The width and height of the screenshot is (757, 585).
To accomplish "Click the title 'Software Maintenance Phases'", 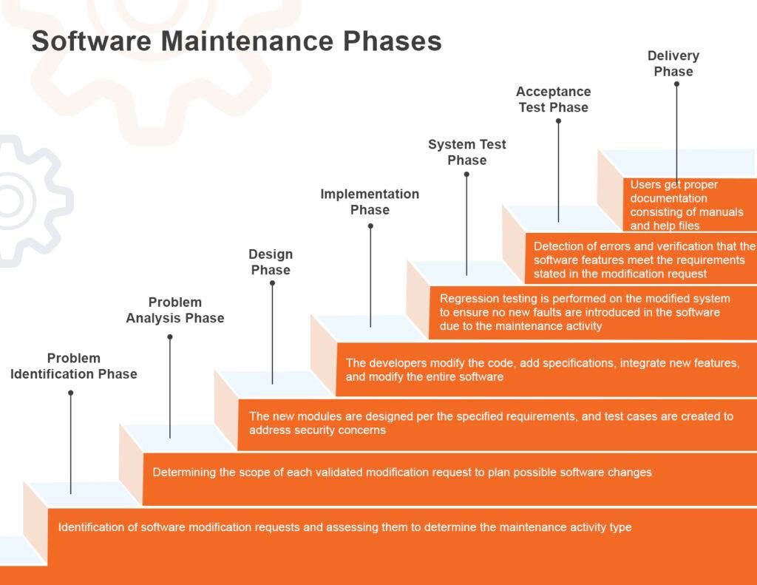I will click(237, 41).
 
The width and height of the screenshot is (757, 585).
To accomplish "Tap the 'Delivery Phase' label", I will click(673, 64).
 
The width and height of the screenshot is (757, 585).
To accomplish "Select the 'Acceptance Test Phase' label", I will click(553, 99).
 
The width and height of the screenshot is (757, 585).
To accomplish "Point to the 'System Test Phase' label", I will click(466, 152).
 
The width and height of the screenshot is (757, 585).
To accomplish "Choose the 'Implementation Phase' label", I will click(370, 202).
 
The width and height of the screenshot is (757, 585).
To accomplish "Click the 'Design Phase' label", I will click(271, 262).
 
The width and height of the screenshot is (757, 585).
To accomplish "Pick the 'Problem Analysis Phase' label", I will click(175, 310).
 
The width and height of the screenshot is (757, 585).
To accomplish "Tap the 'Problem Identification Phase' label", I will click(74, 366).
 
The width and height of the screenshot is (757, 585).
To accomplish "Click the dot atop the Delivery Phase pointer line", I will click(676, 84).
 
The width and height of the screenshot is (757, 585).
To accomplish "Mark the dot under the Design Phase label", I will click(272, 283).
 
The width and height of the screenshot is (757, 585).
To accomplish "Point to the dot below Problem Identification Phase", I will click(71, 393).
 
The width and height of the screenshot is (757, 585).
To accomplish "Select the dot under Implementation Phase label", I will click(370, 226).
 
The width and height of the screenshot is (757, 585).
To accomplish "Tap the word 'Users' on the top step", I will click(645, 184).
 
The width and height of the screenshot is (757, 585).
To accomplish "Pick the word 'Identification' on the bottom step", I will click(98, 527).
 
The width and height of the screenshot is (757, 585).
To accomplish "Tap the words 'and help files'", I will click(665, 226).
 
